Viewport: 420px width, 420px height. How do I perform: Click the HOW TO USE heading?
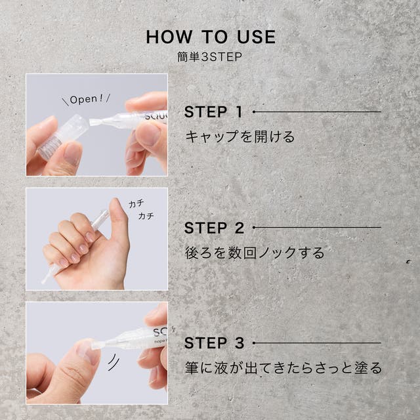(211, 37)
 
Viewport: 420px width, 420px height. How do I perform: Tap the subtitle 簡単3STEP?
(210, 57)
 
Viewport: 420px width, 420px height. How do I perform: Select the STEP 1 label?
(213, 112)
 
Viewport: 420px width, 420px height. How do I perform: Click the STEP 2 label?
(214, 228)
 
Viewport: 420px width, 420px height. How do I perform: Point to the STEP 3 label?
(214, 343)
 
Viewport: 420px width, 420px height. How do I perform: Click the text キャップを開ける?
(240, 136)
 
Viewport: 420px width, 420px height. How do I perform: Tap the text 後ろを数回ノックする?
(255, 253)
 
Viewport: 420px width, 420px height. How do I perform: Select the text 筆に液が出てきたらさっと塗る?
(283, 367)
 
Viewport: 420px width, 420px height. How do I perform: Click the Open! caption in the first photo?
(86, 99)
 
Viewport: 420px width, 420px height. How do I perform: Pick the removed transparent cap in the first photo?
(64, 137)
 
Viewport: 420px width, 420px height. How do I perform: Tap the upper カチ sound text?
(136, 203)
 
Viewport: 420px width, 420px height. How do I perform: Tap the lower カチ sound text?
(146, 216)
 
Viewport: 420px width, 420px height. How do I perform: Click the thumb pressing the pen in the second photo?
(118, 225)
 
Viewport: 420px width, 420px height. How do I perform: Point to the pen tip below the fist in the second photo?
(48, 275)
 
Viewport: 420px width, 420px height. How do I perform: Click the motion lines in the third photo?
(114, 362)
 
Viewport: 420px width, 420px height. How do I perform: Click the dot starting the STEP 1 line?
(254, 112)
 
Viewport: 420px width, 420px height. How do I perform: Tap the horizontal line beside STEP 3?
(317, 343)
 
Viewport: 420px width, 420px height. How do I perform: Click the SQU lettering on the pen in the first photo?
(156, 116)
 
